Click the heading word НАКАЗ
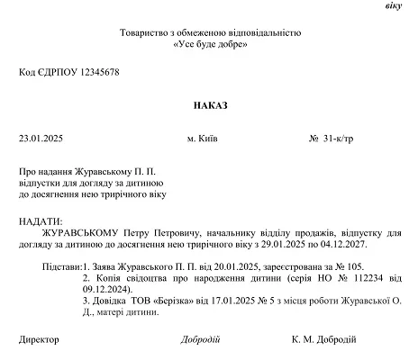(x=210, y=105)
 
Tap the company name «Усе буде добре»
(x=210, y=43)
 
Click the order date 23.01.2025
(x=40, y=139)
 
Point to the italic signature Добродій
(x=200, y=340)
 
